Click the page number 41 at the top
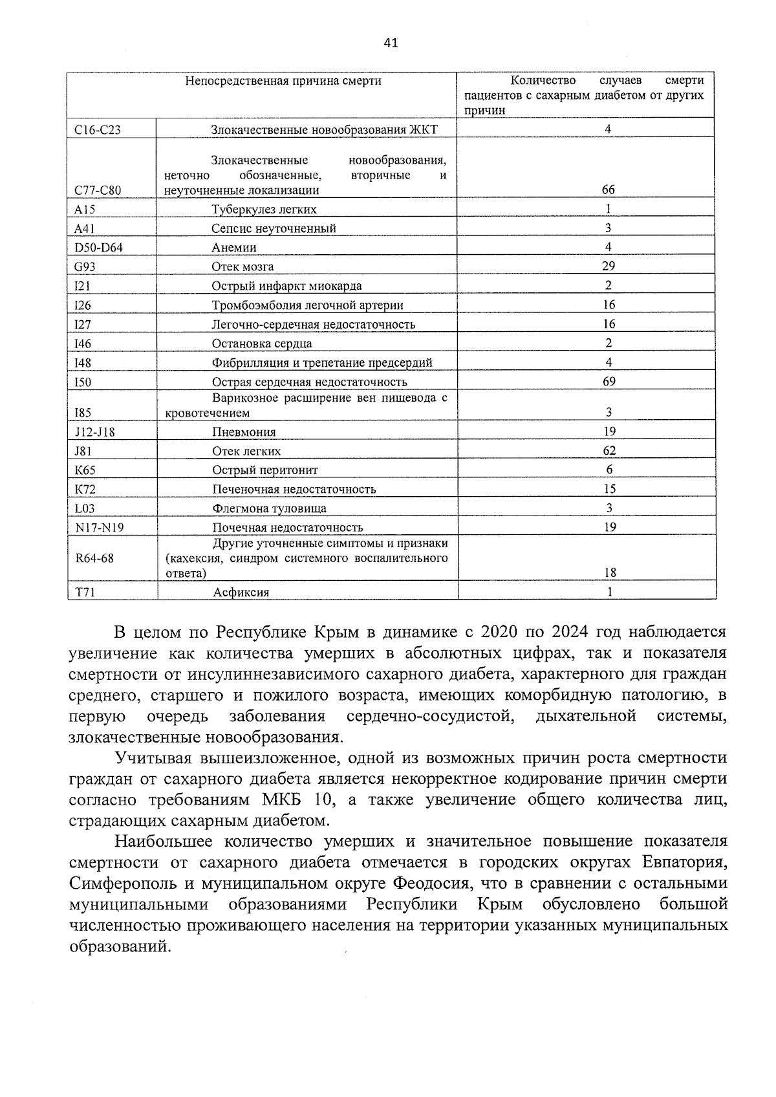coord(391,43)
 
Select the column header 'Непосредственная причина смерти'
coord(283,81)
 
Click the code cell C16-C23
coord(98,129)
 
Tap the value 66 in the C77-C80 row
coord(608,190)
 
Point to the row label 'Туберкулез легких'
coord(264,210)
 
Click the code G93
coord(85,266)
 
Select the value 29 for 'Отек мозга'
coord(608,266)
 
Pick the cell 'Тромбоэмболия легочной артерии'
coord(307,305)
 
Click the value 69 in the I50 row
coord(608,381)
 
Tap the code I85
coord(83,413)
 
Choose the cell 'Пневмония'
coord(244,432)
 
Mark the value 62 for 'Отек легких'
coord(608,450)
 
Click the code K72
coord(85,490)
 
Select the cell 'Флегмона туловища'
coord(269,508)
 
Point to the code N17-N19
coord(99,528)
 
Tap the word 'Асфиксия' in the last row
coord(241,592)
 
